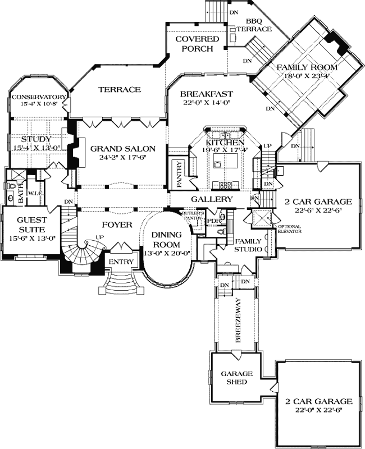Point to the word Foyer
[x=117, y=225]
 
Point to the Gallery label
[x=212, y=199]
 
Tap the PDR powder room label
[x=213, y=221]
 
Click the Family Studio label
[x=247, y=245]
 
